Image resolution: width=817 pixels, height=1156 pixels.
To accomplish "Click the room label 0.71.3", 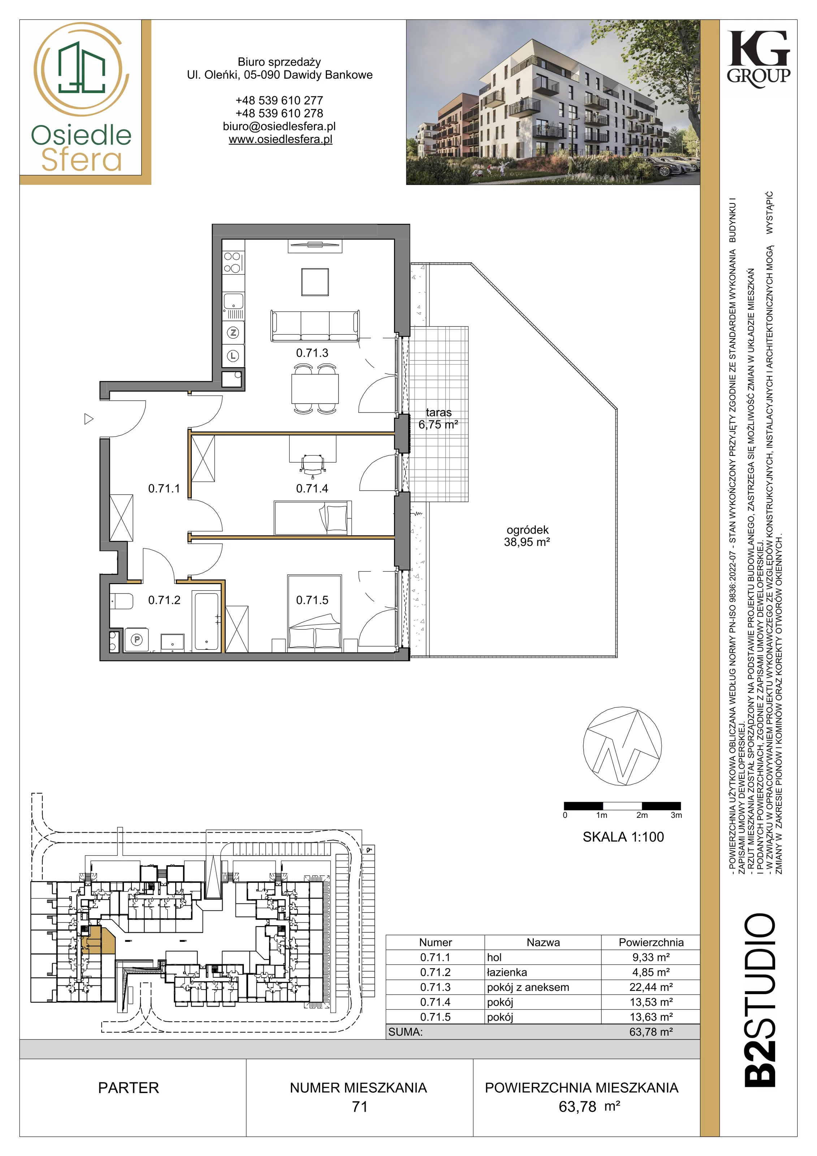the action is point(312,353).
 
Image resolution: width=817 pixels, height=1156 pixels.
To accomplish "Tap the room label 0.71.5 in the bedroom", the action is point(312,600).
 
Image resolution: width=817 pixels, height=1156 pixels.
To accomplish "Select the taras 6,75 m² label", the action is point(438,418).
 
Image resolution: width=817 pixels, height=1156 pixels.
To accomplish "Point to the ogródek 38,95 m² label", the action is point(527,536).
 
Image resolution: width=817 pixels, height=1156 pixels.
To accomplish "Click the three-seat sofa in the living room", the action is point(315,326).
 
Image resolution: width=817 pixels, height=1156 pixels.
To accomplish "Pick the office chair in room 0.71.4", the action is point(312,466).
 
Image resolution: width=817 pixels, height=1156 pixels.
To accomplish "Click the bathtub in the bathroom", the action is point(206,622).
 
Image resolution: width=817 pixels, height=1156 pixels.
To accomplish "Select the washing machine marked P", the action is point(137,639).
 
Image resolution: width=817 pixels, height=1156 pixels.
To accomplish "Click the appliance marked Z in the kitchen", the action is point(233,333).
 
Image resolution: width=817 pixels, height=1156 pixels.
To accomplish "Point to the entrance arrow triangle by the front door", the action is point(88,419).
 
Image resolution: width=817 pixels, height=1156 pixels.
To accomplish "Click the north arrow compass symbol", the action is point(622,747).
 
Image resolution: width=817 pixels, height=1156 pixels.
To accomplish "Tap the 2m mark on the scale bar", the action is point(642,815).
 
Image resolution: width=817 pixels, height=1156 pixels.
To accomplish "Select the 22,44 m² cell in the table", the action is point(651,987).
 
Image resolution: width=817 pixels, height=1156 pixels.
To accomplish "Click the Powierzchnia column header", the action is point(651,943).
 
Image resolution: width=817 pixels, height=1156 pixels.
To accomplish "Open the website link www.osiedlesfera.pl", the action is point(280,139).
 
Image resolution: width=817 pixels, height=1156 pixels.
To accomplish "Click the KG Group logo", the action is point(758,59).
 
